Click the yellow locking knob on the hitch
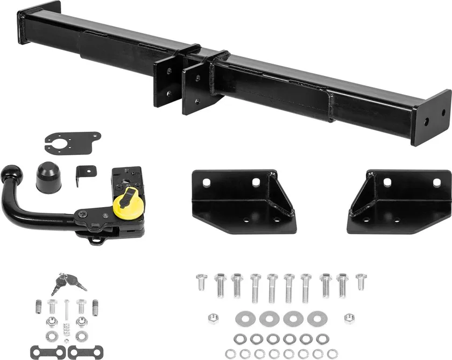(128, 203)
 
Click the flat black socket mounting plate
(72, 143)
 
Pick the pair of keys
(67, 283)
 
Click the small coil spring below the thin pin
(66, 328)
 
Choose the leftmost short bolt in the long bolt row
(201, 281)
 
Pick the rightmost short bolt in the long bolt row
(361, 281)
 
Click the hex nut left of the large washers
(213, 318)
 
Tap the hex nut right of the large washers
(349, 318)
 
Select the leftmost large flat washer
(245, 319)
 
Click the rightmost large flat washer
(316, 319)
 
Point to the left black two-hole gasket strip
(48, 352)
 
